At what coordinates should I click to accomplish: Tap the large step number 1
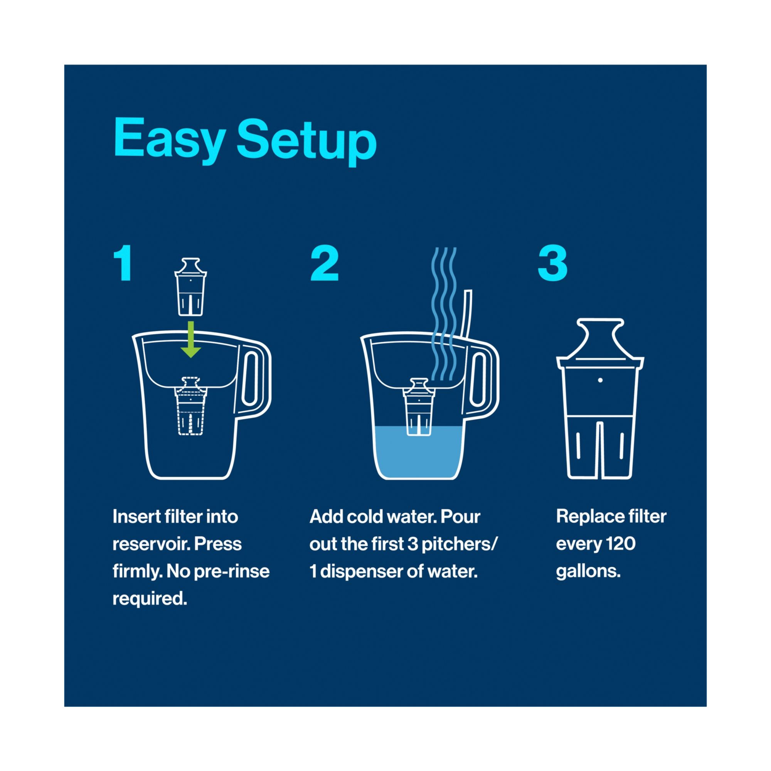[x=124, y=263]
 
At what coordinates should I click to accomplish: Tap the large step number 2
[x=325, y=263]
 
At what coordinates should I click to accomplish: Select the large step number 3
[x=553, y=263]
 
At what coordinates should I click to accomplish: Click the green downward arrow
[x=191, y=340]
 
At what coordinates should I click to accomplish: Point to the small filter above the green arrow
[x=191, y=286]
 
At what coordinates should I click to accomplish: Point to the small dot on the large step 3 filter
[x=600, y=380]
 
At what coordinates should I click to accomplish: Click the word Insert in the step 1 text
[x=131, y=517]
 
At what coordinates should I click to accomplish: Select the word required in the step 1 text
[x=150, y=599]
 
